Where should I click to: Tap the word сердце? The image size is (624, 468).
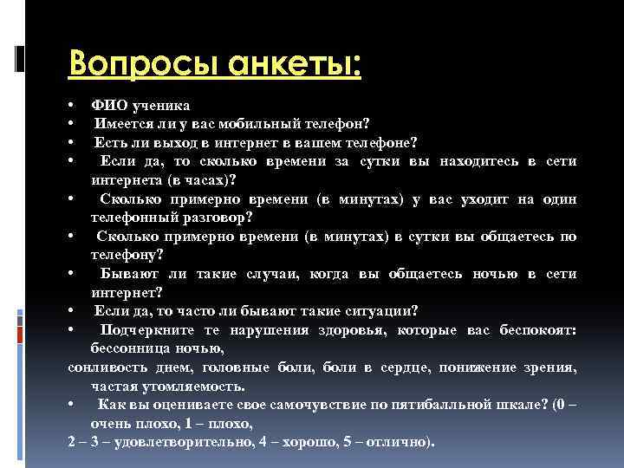[x=406, y=367]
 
